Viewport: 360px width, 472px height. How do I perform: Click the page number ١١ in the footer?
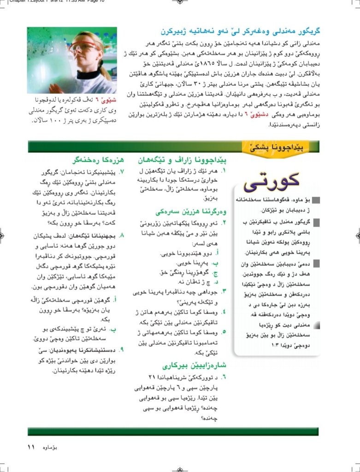pos(31,447)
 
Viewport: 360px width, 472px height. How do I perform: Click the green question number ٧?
pos(123,172)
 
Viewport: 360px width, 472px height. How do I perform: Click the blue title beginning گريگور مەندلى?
pos(240,32)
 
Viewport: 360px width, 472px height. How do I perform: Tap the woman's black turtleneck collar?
pos(88,74)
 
